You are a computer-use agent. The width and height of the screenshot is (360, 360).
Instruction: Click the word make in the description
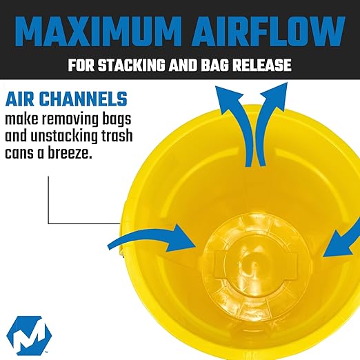point(22,118)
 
